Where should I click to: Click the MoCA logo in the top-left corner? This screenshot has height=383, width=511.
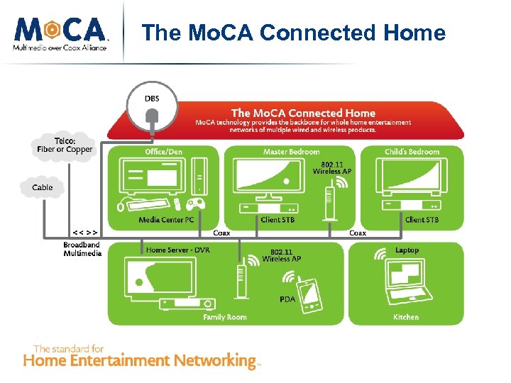[60, 33]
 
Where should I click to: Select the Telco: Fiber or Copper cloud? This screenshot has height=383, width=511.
[65, 145]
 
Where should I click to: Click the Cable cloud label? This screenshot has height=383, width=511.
[42, 188]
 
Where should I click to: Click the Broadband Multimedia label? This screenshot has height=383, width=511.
[82, 249]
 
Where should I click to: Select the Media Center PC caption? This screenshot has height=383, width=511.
[166, 220]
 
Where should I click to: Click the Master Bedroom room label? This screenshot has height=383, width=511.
[291, 152]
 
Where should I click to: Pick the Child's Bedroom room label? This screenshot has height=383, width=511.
[412, 152]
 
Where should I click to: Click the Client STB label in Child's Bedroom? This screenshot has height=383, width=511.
[422, 220]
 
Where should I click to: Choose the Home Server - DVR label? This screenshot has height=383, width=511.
[177, 250]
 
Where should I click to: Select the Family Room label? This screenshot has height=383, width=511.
[224, 317]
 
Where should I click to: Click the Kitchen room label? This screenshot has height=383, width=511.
[406, 317]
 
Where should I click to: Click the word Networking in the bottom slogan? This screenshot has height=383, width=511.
[207, 360]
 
